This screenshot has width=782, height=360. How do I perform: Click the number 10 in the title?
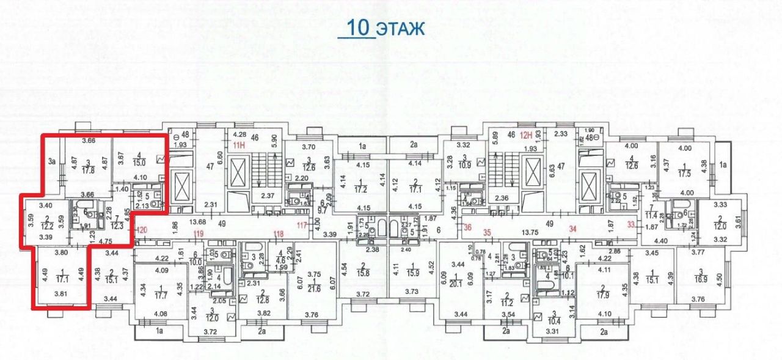pyautogui.click(x=358, y=28)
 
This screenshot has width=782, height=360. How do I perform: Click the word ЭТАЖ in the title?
pyautogui.click(x=400, y=29)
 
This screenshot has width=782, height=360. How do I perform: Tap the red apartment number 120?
pyautogui.click(x=141, y=230)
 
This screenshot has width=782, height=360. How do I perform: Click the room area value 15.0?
pyautogui.click(x=141, y=162)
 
